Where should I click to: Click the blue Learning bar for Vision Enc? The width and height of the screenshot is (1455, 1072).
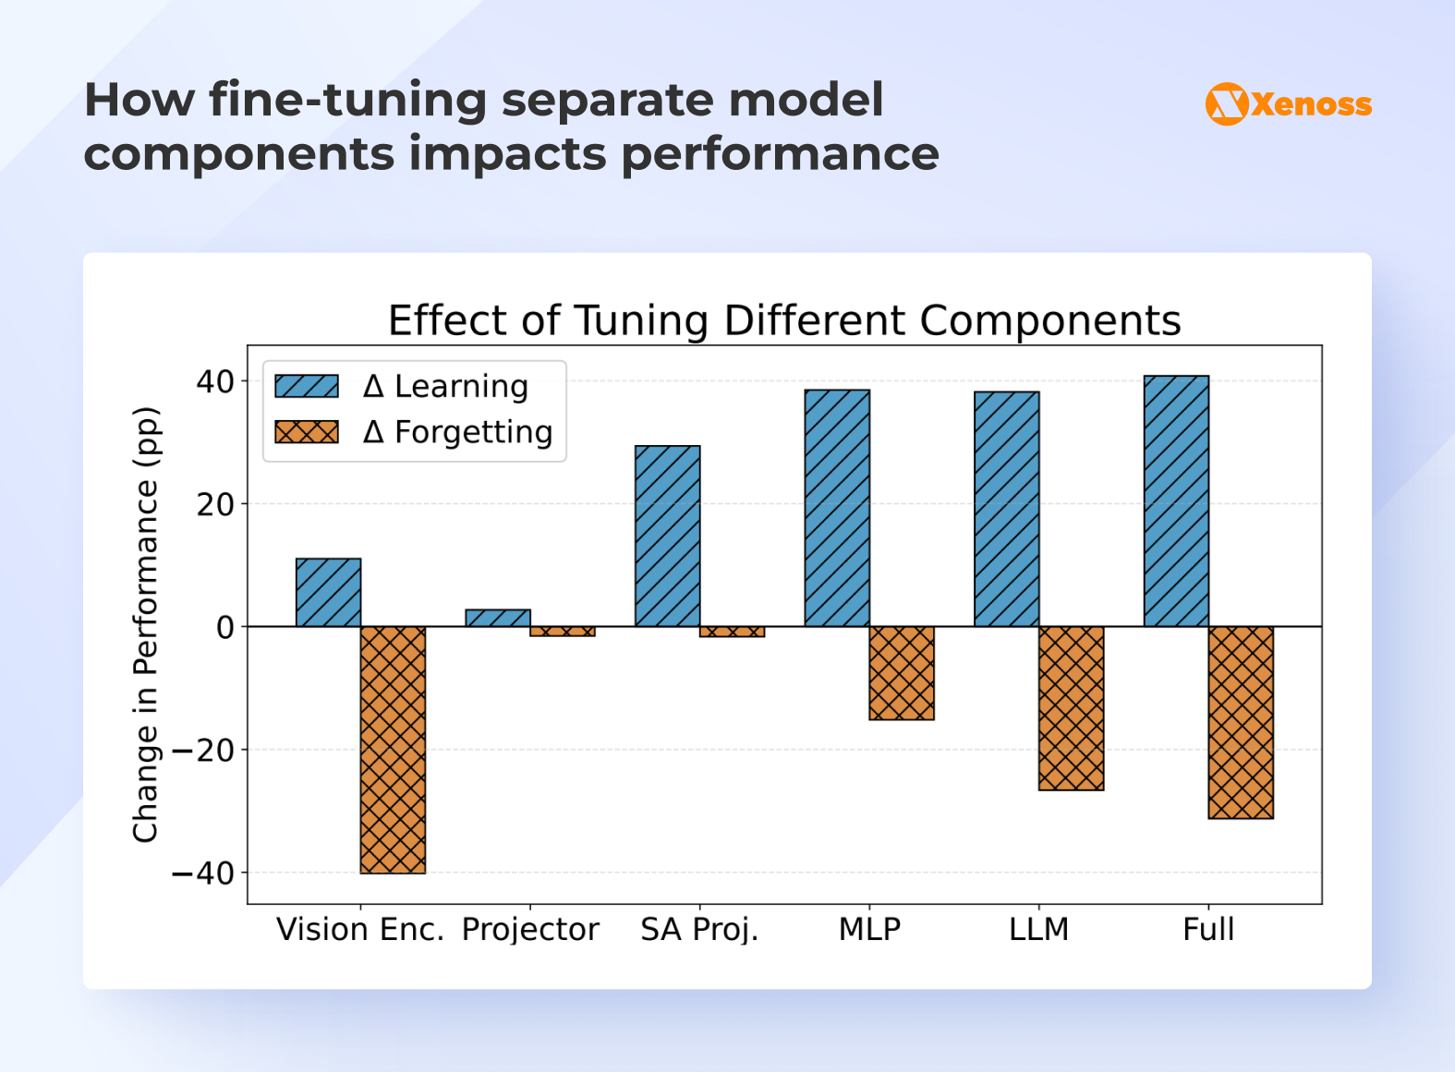328,592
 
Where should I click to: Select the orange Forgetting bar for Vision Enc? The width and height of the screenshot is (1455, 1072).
393,749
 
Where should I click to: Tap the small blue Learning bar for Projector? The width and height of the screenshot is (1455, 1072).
498,618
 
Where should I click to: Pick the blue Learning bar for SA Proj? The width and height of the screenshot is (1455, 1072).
667,536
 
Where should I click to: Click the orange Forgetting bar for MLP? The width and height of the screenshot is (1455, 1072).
902,672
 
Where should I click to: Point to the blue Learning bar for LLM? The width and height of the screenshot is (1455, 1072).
1006,509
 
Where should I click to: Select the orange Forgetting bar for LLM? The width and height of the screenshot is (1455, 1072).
1071,707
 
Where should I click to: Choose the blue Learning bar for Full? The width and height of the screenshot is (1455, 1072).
1176,500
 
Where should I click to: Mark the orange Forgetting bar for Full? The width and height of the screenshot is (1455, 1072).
1241,722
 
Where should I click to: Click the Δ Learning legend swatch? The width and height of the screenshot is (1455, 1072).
307,386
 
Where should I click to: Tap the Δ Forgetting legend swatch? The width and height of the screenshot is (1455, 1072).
307,432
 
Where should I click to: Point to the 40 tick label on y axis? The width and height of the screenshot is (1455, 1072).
215,381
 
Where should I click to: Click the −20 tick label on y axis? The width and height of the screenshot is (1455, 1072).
203,750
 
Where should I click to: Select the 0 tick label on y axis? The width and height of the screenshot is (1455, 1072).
225,628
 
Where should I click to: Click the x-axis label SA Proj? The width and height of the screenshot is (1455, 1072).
699,929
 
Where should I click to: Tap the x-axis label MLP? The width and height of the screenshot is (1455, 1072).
869,929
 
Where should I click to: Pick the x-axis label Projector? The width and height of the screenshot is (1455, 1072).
530,929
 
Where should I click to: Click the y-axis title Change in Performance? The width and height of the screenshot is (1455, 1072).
146,624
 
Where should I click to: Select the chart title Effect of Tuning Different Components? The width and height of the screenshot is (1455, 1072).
784,320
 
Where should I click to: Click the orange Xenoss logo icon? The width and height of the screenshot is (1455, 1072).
1227,103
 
